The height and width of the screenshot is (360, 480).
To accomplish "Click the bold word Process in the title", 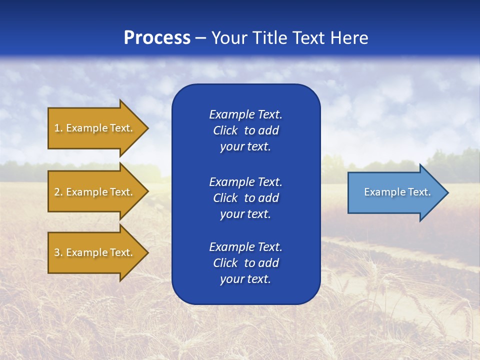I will [x=157, y=38].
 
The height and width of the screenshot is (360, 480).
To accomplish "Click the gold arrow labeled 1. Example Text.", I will [x=95, y=128].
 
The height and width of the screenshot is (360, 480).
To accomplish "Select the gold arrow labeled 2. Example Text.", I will [x=95, y=192].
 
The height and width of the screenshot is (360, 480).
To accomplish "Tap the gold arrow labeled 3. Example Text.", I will [x=95, y=252].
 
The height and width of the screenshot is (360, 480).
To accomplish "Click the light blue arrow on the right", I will [x=395, y=192].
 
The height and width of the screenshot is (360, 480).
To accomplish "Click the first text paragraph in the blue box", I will [x=245, y=130].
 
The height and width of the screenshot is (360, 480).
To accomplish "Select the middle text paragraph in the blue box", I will [x=245, y=198].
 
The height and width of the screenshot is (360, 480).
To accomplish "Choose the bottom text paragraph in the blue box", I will [x=245, y=263].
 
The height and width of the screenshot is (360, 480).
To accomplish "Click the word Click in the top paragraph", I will [x=225, y=130].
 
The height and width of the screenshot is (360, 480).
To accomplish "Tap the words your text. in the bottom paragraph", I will [x=245, y=279].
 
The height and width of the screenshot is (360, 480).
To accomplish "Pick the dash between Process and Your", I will [x=201, y=38].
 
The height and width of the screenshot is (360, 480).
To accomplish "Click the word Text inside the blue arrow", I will [x=419, y=192].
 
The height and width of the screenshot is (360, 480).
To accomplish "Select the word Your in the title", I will [x=230, y=38].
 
